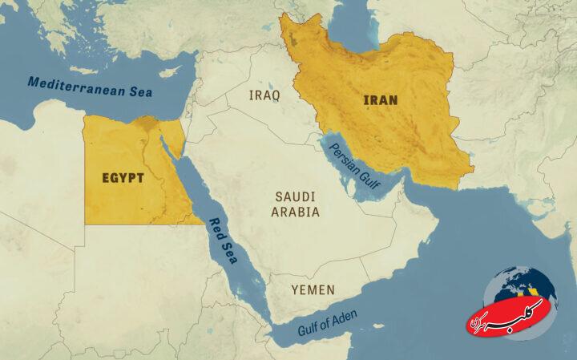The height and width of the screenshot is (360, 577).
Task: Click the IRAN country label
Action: point(381,100)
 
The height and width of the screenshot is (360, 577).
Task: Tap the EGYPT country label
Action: point(123,177)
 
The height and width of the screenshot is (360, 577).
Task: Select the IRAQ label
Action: point(264,95)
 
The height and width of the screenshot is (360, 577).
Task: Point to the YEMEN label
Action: point(313,289)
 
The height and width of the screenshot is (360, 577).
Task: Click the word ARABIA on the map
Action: point(297,212)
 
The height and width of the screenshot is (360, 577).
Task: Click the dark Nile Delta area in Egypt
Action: point(147,124)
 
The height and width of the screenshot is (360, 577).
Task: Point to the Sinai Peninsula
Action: point(172,140)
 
